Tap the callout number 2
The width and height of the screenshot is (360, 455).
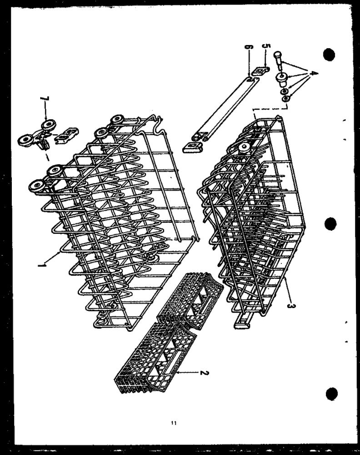[204, 372]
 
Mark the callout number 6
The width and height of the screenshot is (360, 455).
[249, 47]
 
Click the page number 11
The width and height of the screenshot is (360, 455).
[174, 423]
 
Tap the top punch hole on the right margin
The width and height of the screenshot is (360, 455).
[329, 54]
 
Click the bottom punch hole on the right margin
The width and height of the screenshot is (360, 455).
[332, 394]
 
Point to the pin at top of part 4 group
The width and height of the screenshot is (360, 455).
[278, 60]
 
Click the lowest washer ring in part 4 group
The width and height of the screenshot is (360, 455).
[285, 99]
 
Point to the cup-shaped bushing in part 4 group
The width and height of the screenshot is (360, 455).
[280, 79]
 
